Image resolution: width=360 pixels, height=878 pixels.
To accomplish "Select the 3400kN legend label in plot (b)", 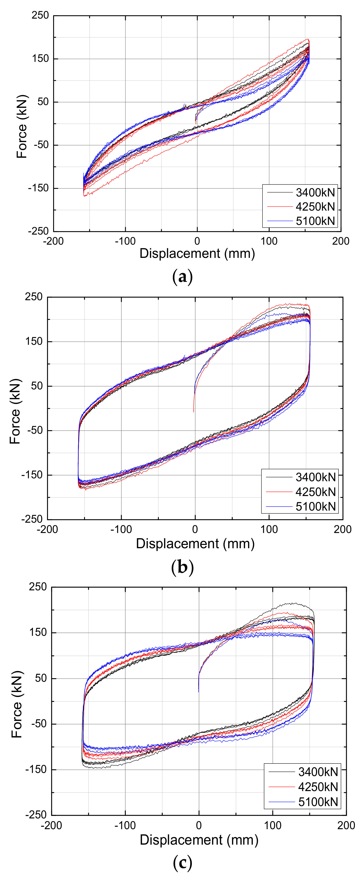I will [x=316, y=477].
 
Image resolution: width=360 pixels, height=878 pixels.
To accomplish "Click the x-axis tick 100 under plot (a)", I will [x=269, y=241].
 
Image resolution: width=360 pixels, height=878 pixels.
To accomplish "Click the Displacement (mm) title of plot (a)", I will [x=197, y=254].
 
